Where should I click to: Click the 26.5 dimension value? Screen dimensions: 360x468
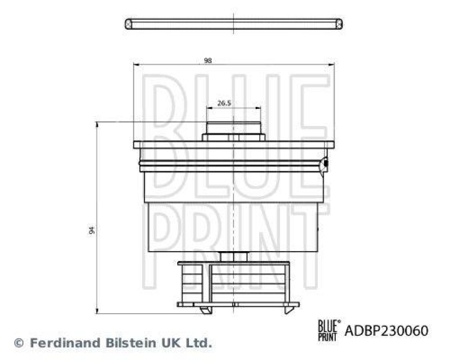[224, 103]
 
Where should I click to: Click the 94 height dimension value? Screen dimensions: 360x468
[92, 229]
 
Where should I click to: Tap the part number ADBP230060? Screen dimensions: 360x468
[386, 331]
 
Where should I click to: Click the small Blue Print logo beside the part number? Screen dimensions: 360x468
[328, 331]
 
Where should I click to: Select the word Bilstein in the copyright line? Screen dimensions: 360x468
[120, 342]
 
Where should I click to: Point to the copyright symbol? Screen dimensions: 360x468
[19, 343]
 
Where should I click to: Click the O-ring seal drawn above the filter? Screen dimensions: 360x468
[233, 24]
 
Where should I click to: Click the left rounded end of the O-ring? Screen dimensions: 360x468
[129, 24]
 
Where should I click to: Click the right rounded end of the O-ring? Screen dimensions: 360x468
[338, 24]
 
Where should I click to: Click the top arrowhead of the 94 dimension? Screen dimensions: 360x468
[97, 124]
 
